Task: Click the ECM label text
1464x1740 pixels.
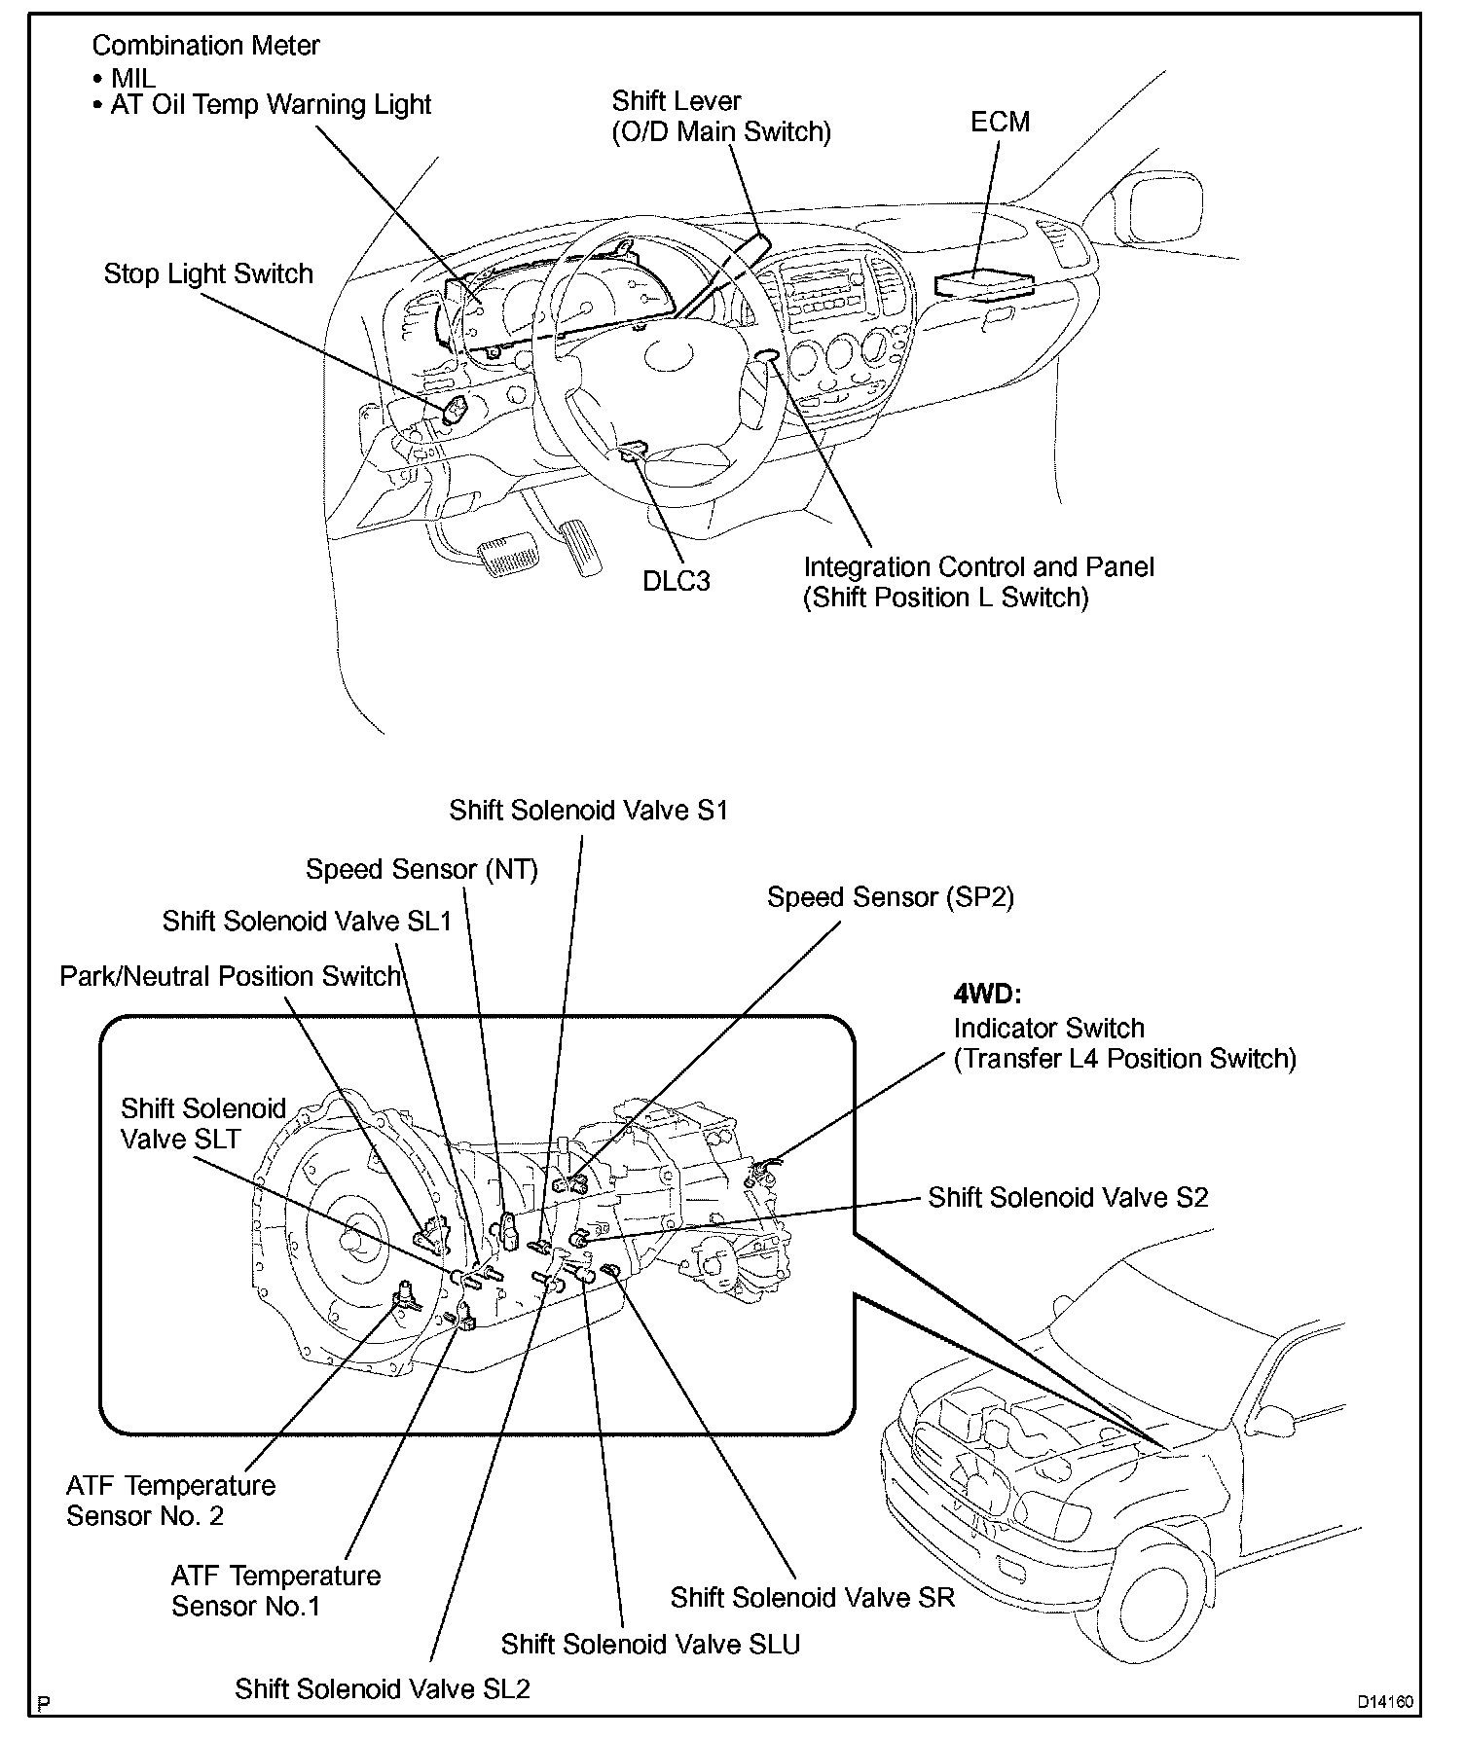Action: (1000, 122)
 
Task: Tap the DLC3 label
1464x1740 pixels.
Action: (677, 581)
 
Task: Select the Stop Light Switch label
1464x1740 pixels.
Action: (208, 273)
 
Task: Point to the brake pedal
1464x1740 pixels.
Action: (509, 555)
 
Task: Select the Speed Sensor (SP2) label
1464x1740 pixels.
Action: (891, 897)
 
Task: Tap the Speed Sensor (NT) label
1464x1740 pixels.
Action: (421, 869)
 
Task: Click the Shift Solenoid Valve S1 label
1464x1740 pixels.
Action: (588, 811)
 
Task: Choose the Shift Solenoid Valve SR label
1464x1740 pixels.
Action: (813, 1597)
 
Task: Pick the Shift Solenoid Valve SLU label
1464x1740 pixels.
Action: (650, 1644)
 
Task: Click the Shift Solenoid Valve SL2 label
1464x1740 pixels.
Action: (383, 1688)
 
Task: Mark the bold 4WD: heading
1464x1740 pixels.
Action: (986, 996)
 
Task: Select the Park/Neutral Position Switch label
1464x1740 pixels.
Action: (231, 976)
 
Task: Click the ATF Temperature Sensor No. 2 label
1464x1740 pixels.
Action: (171, 1501)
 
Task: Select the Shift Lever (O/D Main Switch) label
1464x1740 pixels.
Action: (721, 116)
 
